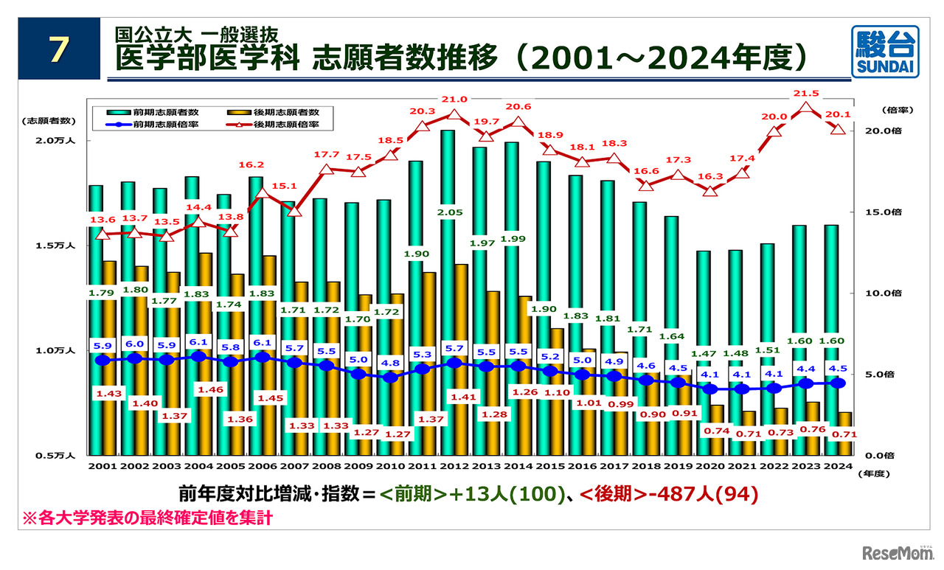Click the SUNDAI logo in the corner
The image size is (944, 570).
[x=885, y=51]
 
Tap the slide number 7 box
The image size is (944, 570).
[x=59, y=50]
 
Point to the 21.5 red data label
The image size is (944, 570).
[x=806, y=94]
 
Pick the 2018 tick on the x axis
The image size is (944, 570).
[x=647, y=466]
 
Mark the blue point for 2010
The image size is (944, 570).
[x=392, y=377]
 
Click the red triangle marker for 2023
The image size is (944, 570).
[x=807, y=108]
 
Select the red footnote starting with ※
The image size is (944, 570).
[x=147, y=518]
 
